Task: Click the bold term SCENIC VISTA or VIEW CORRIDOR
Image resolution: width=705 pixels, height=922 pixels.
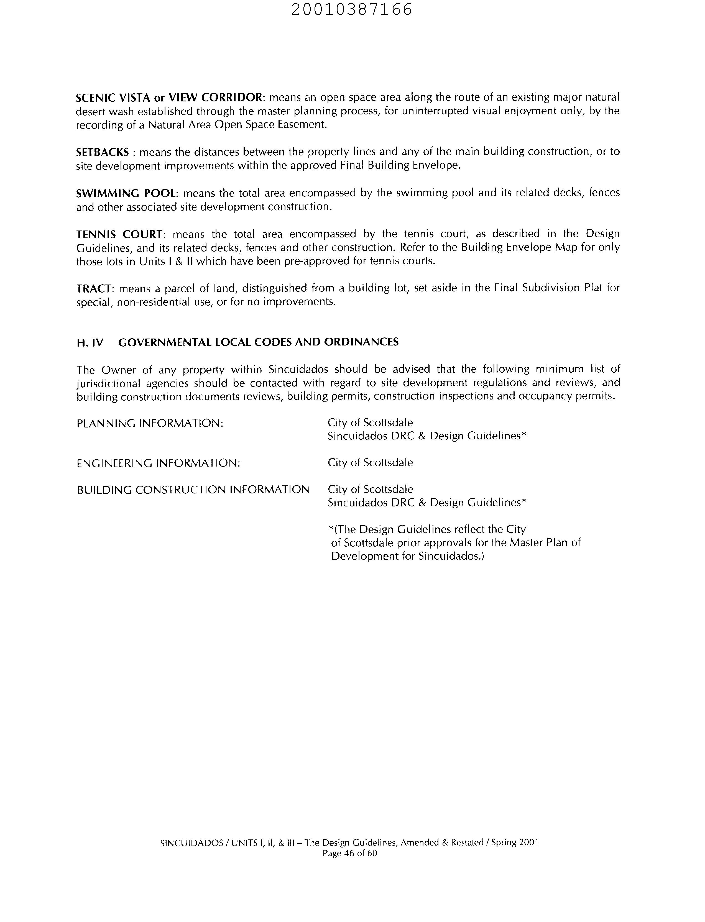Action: coord(169,98)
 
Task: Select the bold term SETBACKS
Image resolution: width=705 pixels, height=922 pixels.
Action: coord(102,152)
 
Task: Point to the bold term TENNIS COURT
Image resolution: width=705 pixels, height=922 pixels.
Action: coord(119,234)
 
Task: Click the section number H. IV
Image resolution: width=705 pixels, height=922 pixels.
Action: coord(90,343)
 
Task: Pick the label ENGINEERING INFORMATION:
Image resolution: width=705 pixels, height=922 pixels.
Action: coord(158,463)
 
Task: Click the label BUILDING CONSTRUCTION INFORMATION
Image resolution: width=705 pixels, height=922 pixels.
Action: coord(193,490)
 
